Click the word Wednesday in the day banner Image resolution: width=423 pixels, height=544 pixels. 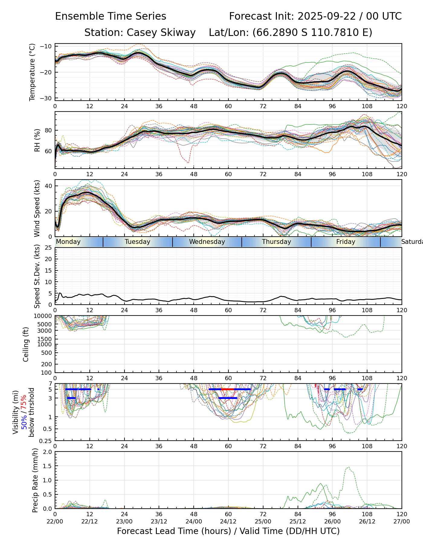tap(207, 242)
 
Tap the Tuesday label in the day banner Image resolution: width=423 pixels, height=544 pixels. tap(137, 242)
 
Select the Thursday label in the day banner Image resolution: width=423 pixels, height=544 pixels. tap(276, 242)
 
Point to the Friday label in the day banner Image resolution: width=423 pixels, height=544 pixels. tap(346, 242)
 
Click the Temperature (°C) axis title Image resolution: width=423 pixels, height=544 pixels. tap(32, 72)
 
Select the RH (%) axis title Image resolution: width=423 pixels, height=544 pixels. tap(37, 140)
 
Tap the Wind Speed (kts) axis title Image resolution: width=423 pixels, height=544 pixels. tap(37, 208)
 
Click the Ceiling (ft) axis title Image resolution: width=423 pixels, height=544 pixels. tap(26, 344)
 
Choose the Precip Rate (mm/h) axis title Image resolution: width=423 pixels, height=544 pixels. tap(35, 480)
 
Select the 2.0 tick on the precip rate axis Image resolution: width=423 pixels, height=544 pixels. tap(48, 452)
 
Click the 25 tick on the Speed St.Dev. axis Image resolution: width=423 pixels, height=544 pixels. tap(48, 248)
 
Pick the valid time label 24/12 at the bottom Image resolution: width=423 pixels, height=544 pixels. tap(228, 522)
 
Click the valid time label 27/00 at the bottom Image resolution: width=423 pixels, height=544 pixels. tap(402, 522)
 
